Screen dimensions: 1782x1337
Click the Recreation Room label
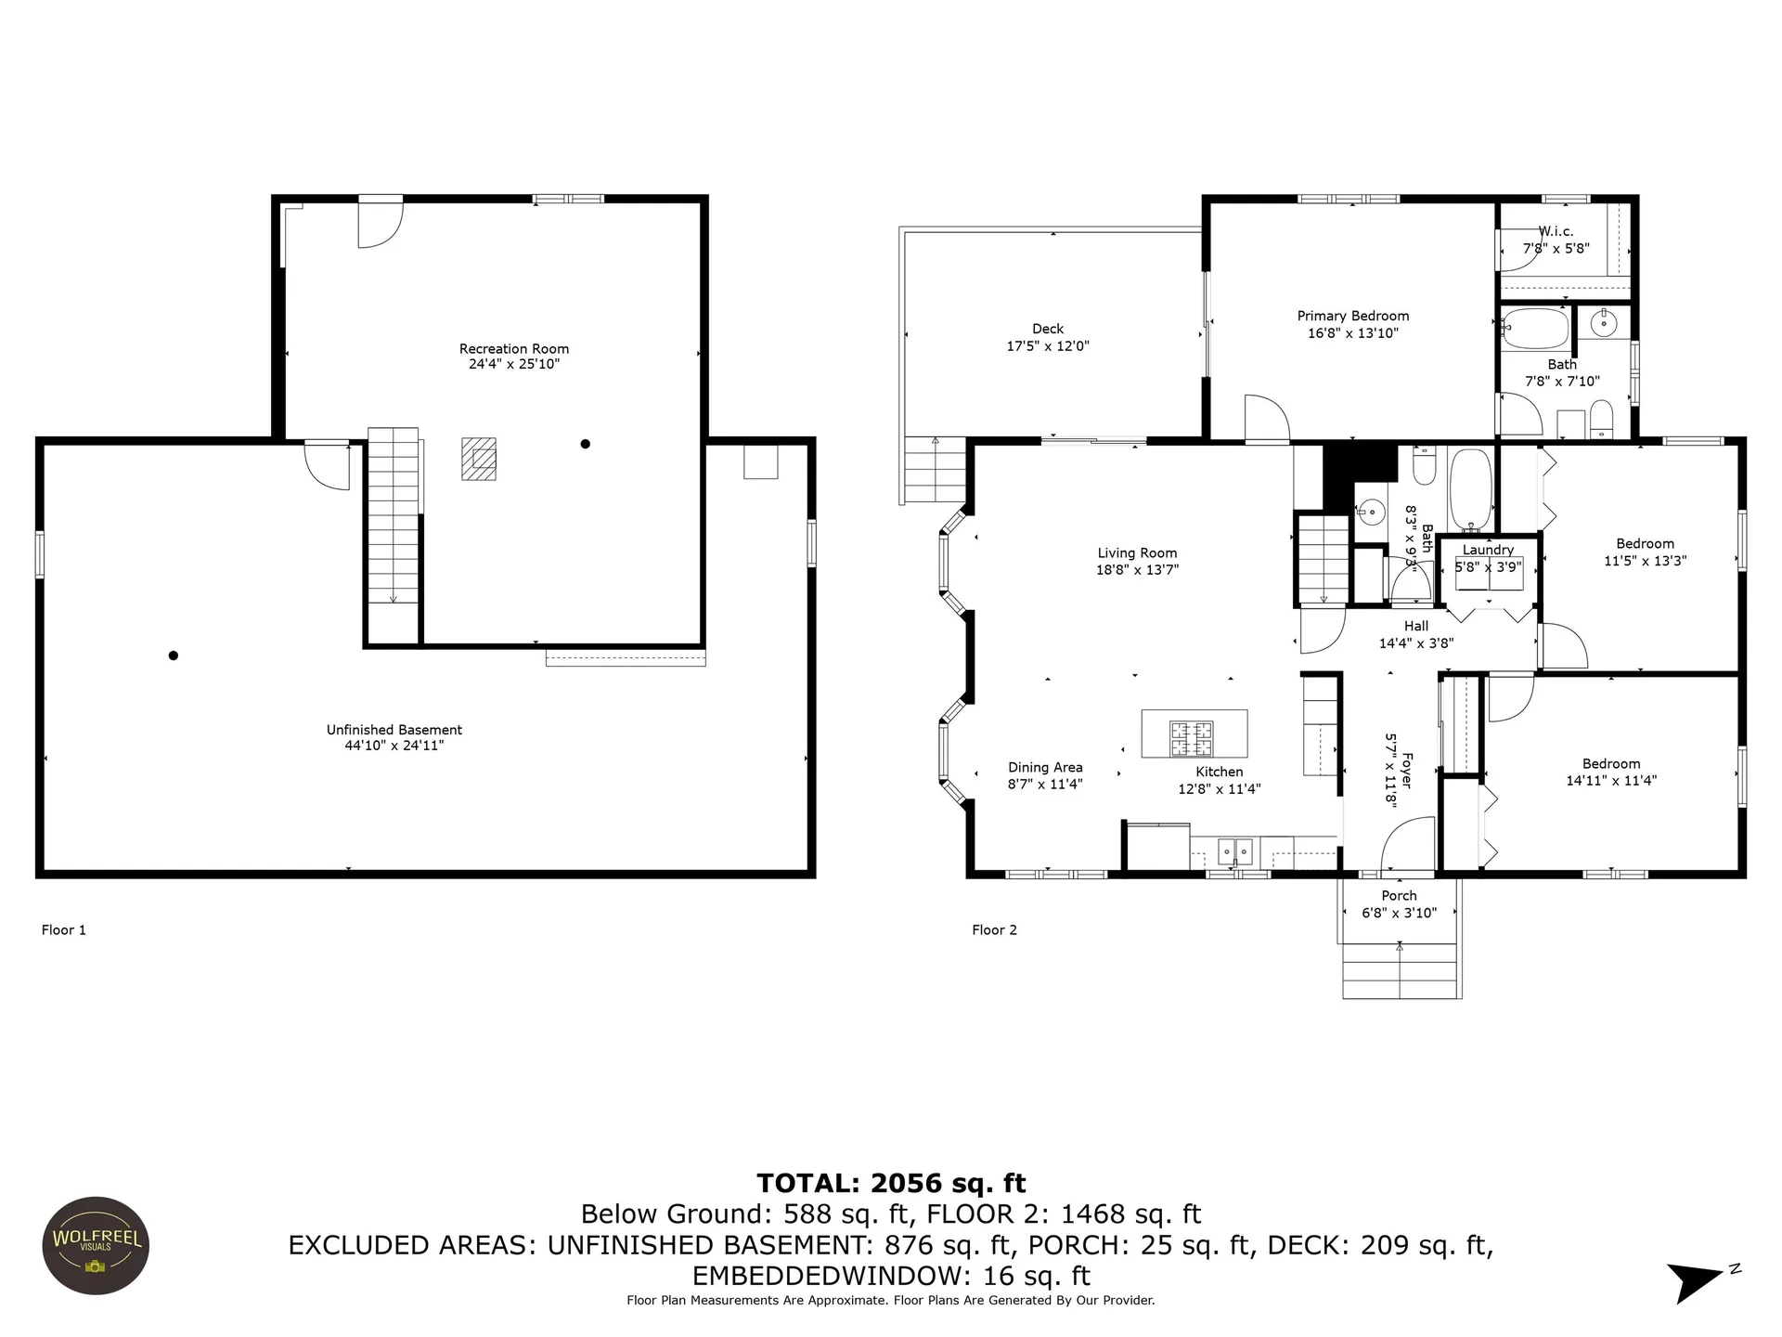(x=514, y=349)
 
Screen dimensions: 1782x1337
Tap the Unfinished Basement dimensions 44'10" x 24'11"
(x=394, y=745)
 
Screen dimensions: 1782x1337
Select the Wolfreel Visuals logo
(x=96, y=1245)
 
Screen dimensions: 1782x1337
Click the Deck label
(x=1048, y=329)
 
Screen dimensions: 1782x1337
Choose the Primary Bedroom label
(x=1353, y=316)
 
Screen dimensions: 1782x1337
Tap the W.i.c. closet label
(x=1556, y=231)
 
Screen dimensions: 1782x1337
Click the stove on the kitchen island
(x=1191, y=739)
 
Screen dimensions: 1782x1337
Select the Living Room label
(x=1137, y=553)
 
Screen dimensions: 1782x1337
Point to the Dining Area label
(x=1046, y=768)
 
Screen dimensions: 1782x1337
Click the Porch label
(x=1399, y=896)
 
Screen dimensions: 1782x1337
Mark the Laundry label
(x=1488, y=550)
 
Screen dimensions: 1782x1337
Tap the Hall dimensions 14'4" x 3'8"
(x=1416, y=643)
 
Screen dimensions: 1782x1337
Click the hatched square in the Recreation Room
(x=479, y=459)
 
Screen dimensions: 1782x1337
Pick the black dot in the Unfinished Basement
(x=173, y=656)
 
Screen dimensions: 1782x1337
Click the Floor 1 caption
(x=64, y=929)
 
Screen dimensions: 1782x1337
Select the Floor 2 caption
(x=995, y=929)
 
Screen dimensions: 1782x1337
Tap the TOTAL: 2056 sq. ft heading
(x=891, y=1183)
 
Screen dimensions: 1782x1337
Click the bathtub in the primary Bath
(x=1535, y=330)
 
